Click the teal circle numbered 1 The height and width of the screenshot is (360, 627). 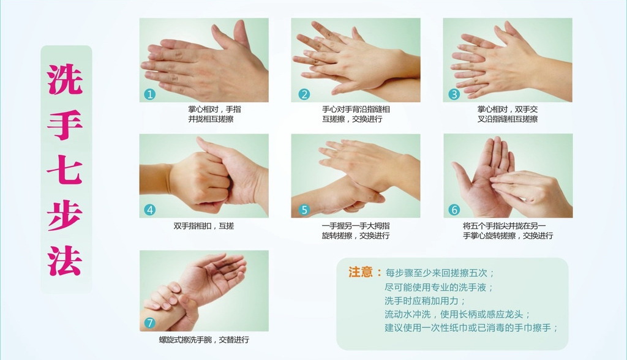(150, 94)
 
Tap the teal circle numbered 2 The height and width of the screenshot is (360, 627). (304, 94)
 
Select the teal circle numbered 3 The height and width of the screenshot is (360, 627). (454, 94)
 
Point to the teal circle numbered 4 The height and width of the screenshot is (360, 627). (150, 209)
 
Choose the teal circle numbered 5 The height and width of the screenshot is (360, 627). (304, 209)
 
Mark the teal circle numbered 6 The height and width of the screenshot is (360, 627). (454, 209)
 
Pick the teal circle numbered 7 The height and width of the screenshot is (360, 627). (150, 323)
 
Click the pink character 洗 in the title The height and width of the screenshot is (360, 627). (65, 79)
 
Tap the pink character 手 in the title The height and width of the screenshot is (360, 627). (65, 125)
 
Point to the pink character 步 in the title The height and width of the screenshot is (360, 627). (65, 215)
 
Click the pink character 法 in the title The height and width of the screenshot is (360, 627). (65, 260)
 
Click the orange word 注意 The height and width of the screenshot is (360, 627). (360, 272)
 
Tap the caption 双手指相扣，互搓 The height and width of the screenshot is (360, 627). (204, 226)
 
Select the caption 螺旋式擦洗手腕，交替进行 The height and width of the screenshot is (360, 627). (204, 340)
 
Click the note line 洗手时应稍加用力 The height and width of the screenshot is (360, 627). (425, 301)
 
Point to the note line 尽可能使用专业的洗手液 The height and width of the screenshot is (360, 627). (439, 287)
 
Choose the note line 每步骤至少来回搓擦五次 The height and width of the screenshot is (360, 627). (440, 273)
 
